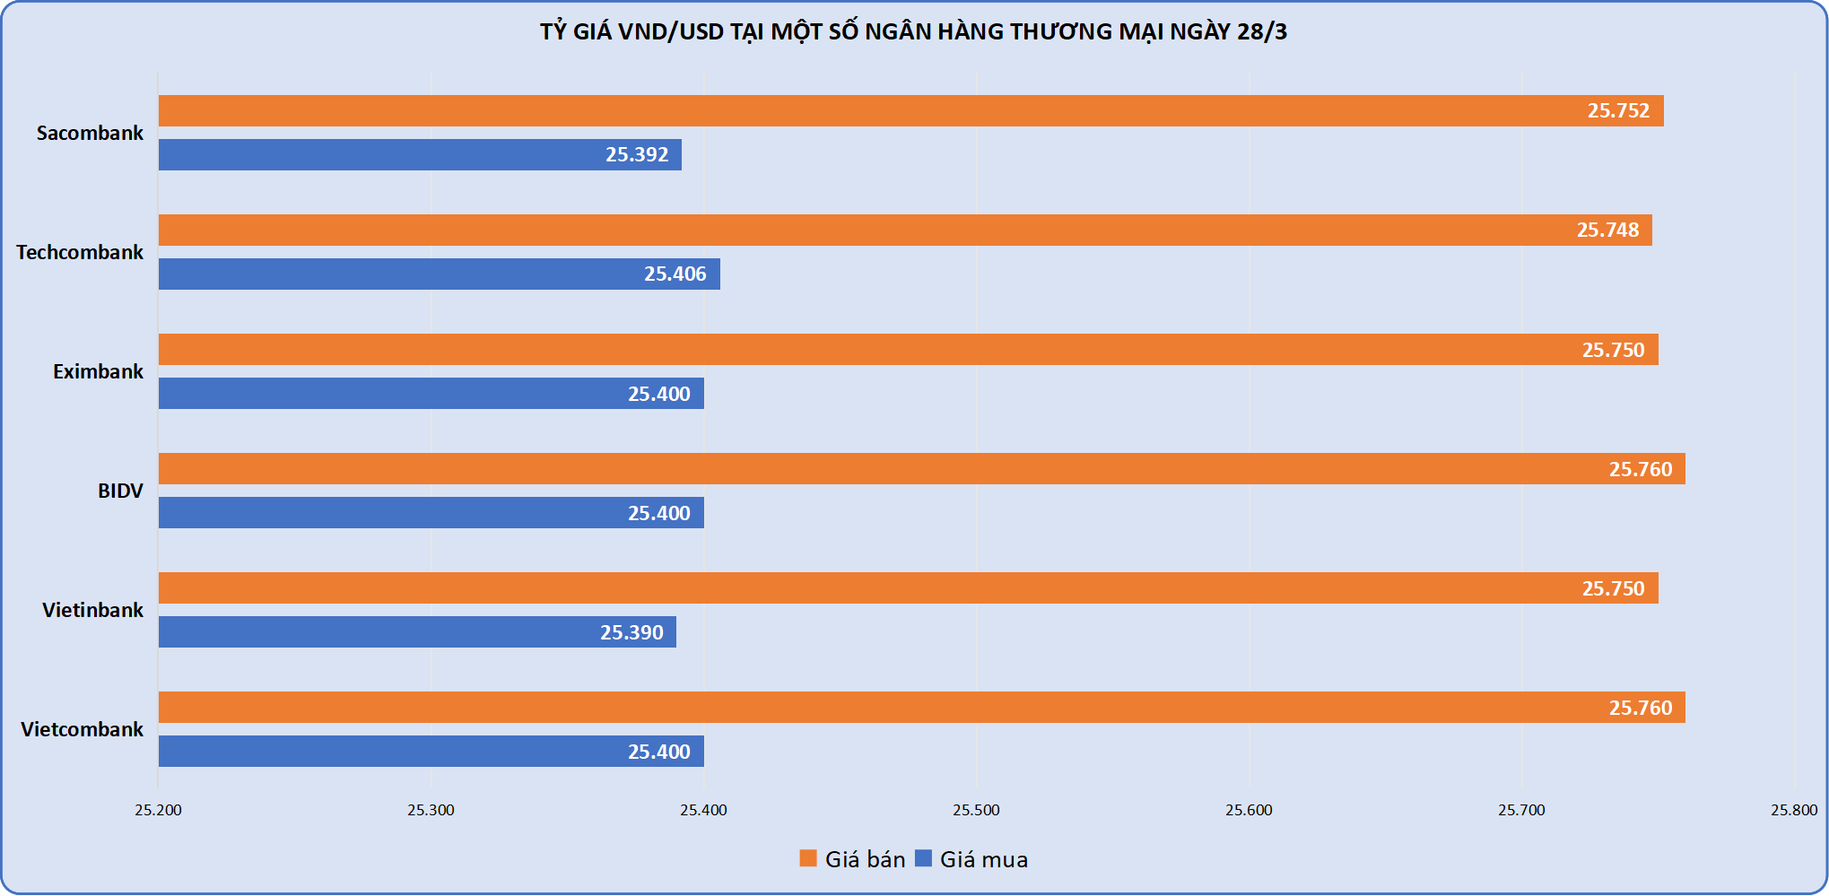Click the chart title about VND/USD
[913, 32]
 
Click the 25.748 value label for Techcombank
[1607, 231]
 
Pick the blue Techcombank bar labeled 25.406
[439, 274]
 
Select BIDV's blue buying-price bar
[431, 513]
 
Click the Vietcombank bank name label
[82, 729]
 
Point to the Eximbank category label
[98, 371]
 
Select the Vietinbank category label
[92, 610]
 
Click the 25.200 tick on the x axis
[158, 810]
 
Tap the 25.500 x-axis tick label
[976, 810]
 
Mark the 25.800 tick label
[1793, 810]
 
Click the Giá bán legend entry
[853, 859]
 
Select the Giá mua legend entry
[971, 859]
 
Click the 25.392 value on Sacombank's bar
[637, 155]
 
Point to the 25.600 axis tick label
[1249, 810]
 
